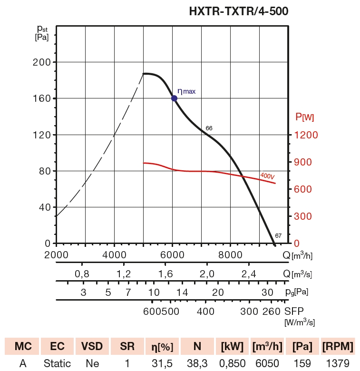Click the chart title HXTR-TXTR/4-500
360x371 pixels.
(239, 10)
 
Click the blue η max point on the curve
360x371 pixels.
(174, 98)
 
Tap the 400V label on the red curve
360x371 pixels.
(267, 176)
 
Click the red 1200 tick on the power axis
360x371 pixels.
(305, 135)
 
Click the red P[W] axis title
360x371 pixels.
(304, 117)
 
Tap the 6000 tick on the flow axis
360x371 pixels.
(172, 254)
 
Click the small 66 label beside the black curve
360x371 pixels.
(209, 128)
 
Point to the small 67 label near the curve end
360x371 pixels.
(278, 236)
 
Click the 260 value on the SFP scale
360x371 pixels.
(271, 312)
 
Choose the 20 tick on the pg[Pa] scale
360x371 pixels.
(218, 292)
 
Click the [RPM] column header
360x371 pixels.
(338, 346)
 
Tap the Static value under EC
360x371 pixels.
(57, 363)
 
